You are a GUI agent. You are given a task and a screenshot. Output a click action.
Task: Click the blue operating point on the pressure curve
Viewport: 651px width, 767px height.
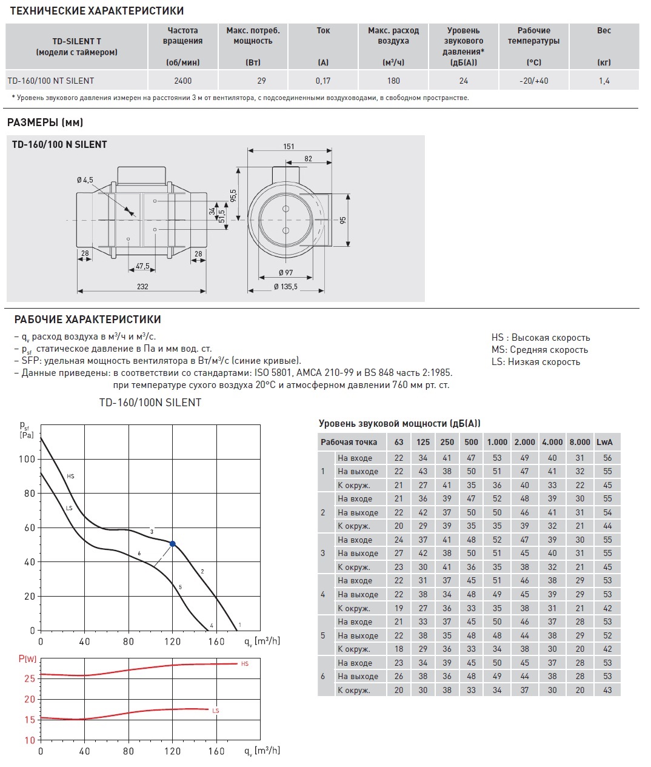point(173,544)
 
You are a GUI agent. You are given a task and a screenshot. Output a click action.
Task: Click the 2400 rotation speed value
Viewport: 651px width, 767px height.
point(182,81)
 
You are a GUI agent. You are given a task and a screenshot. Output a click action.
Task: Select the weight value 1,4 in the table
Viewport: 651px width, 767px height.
point(604,81)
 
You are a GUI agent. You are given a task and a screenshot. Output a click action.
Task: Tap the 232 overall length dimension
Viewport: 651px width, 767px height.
point(142,286)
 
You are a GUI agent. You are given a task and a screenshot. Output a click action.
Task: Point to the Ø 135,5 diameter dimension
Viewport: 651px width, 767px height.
point(285,286)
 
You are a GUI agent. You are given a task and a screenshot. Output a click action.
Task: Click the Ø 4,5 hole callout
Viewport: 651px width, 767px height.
point(85,180)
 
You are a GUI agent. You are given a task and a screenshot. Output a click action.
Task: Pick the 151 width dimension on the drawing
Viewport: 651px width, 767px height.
point(289,146)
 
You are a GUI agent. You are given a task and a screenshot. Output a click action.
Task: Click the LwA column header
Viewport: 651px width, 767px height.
point(604,442)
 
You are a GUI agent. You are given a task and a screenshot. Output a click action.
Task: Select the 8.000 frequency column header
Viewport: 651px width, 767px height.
point(579,442)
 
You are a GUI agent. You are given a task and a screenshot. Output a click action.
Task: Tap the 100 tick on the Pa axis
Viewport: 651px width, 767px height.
point(27,459)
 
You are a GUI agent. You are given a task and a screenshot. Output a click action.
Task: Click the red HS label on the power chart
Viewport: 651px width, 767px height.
point(245,664)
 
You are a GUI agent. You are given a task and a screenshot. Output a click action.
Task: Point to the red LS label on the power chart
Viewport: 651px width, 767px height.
point(216,711)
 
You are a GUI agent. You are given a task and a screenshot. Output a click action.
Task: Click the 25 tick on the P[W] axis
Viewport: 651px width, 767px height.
point(30,678)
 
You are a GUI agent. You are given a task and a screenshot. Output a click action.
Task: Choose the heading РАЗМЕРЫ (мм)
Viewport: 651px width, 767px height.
point(45,122)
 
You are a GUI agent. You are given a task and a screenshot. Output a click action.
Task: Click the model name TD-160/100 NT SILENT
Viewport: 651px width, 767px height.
point(51,81)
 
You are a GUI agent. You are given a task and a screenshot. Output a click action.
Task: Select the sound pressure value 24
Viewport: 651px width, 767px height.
point(464,81)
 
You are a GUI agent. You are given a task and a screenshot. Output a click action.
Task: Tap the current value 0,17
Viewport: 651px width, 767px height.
point(323,81)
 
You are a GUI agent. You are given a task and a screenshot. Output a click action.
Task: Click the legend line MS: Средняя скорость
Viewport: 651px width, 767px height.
point(539,350)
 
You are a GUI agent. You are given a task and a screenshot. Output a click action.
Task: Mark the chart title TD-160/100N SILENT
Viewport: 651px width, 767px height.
point(150,403)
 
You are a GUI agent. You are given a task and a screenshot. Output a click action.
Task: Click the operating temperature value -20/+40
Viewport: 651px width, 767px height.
point(533,81)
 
